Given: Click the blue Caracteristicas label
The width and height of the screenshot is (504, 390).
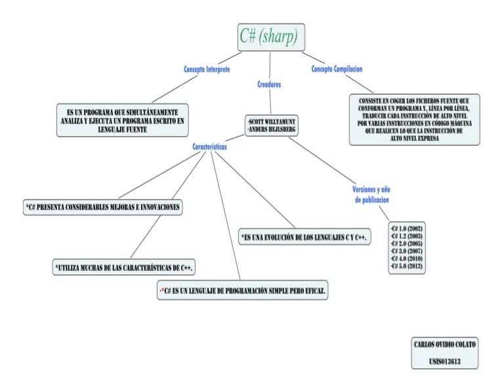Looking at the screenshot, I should (x=210, y=148).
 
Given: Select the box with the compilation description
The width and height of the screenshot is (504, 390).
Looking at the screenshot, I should (x=413, y=119).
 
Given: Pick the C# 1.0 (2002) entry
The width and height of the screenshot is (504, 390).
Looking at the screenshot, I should (x=406, y=227).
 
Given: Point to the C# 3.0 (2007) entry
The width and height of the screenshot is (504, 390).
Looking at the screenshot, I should (x=406, y=251).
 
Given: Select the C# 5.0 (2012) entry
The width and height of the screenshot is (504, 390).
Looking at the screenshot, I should (x=406, y=267).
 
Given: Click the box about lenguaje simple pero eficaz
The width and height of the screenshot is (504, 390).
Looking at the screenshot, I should (x=242, y=290).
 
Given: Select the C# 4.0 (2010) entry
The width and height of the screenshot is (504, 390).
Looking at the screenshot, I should (x=406, y=259).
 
